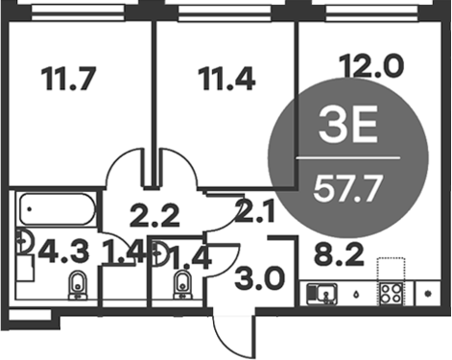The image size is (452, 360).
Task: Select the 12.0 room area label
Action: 374,68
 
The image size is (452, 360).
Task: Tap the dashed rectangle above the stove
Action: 393,267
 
